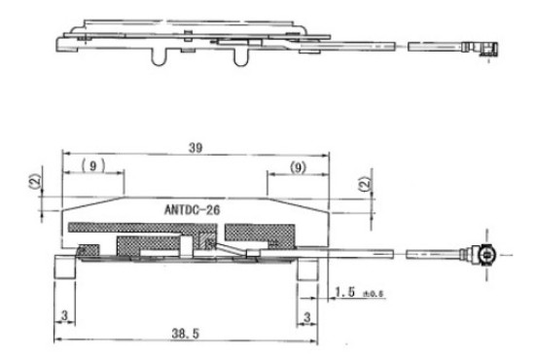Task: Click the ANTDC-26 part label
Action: (192, 210)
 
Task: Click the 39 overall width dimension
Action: (196, 148)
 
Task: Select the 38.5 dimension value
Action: (185, 334)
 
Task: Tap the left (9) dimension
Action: (93, 165)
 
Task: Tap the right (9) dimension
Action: (298, 167)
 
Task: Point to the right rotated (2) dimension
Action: (365, 184)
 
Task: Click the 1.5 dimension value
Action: (345, 292)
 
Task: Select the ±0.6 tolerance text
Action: (373, 294)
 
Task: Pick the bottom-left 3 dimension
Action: (64, 315)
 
